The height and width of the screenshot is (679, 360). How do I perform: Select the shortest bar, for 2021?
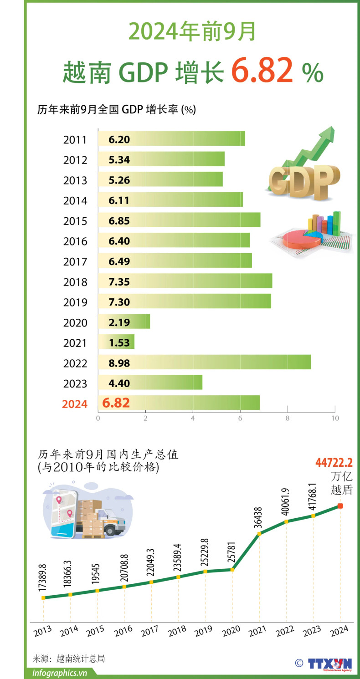pos(116,342)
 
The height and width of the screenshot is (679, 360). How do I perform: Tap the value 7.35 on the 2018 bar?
pos(119,281)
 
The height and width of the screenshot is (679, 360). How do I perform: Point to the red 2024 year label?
pos(74,404)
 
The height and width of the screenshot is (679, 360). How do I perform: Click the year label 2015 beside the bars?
pos(75,221)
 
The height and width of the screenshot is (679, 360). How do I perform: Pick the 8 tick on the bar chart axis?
pos(288,418)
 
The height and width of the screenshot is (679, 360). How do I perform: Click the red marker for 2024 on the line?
pos(340,506)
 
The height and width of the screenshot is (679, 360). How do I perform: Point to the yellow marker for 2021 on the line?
pos(259,533)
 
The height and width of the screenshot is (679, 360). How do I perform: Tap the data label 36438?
pos(259,517)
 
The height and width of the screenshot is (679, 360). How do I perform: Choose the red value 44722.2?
pos(334,463)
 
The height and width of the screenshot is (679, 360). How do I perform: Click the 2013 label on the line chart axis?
pos(42,633)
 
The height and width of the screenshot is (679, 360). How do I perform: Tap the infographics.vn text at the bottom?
pos(60,673)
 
